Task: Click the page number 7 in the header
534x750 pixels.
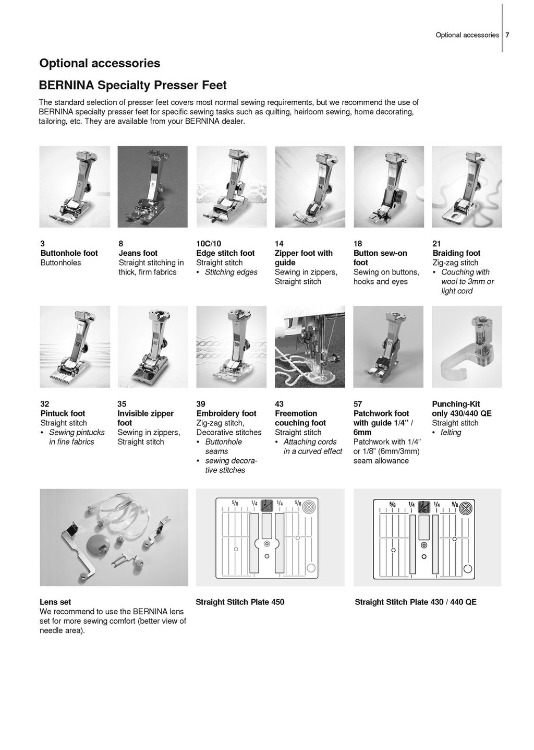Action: tap(507, 35)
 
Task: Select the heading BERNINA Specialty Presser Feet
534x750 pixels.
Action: tap(133, 85)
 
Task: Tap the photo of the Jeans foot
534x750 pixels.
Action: tap(152, 187)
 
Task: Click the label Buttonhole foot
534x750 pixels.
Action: tap(69, 253)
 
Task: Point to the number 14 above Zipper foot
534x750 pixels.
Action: tap(278, 243)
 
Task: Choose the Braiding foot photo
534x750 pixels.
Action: tap(467, 187)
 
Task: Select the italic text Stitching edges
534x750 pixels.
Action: tap(230, 272)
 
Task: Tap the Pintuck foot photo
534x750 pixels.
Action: tap(75, 347)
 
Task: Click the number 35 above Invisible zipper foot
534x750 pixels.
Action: tap(122, 403)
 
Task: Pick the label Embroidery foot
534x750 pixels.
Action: tap(226, 413)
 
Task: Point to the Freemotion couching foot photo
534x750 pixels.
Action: tap(310, 347)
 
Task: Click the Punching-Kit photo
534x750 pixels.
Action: tap(467, 347)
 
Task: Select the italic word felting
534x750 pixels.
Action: tap(451, 432)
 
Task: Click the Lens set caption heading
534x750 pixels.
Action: tap(55, 602)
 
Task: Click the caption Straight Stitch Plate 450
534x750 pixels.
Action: tap(240, 602)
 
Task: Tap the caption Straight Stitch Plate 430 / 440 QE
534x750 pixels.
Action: tap(416, 602)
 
